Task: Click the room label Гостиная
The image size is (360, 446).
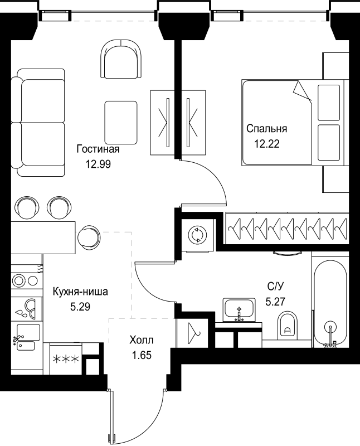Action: [x=98, y=149]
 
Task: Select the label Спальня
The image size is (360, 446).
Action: [x=267, y=129]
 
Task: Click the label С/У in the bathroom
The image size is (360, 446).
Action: [x=274, y=287]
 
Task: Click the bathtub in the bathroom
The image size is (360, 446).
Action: [x=330, y=304]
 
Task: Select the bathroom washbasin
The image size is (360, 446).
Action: [x=239, y=310]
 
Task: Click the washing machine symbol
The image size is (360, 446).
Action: [x=197, y=235]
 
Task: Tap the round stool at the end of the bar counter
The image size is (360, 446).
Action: [x=89, y=236]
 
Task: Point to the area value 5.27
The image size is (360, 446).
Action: [x=274, y=302]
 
